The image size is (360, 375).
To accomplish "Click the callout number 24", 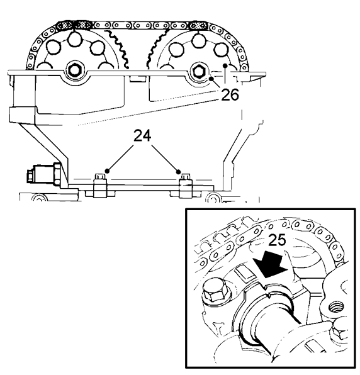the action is click(142, 136).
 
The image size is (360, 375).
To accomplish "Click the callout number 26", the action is click(230, 94).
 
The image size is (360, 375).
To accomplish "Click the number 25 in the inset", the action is click(277, 240).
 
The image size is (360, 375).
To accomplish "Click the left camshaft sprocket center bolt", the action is click(75, 70).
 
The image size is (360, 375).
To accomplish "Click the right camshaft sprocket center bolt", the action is click(199, 71).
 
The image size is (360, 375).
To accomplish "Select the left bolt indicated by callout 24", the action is click(99, 186).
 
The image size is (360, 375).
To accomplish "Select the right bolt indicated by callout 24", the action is click(186, 186).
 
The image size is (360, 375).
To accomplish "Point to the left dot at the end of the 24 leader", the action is click(107, 171).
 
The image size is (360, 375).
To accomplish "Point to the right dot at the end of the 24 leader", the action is click(178, 172).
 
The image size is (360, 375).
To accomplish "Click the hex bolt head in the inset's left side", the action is click(213, 289).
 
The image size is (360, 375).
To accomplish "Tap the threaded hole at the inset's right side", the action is click(336, 307).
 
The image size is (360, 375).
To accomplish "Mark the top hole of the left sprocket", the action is click(74, 39).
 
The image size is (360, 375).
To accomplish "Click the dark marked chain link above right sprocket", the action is click(198, 25).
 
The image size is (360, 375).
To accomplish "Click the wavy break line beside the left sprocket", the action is click(118, 48).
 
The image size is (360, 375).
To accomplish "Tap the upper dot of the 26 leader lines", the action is click(225, 65).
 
